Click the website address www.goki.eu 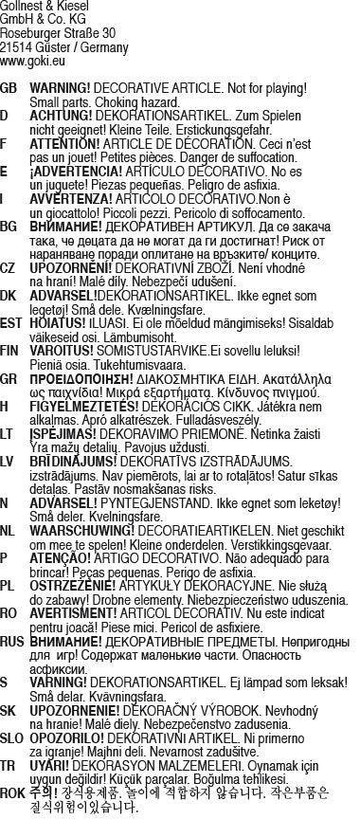pos(32,59)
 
